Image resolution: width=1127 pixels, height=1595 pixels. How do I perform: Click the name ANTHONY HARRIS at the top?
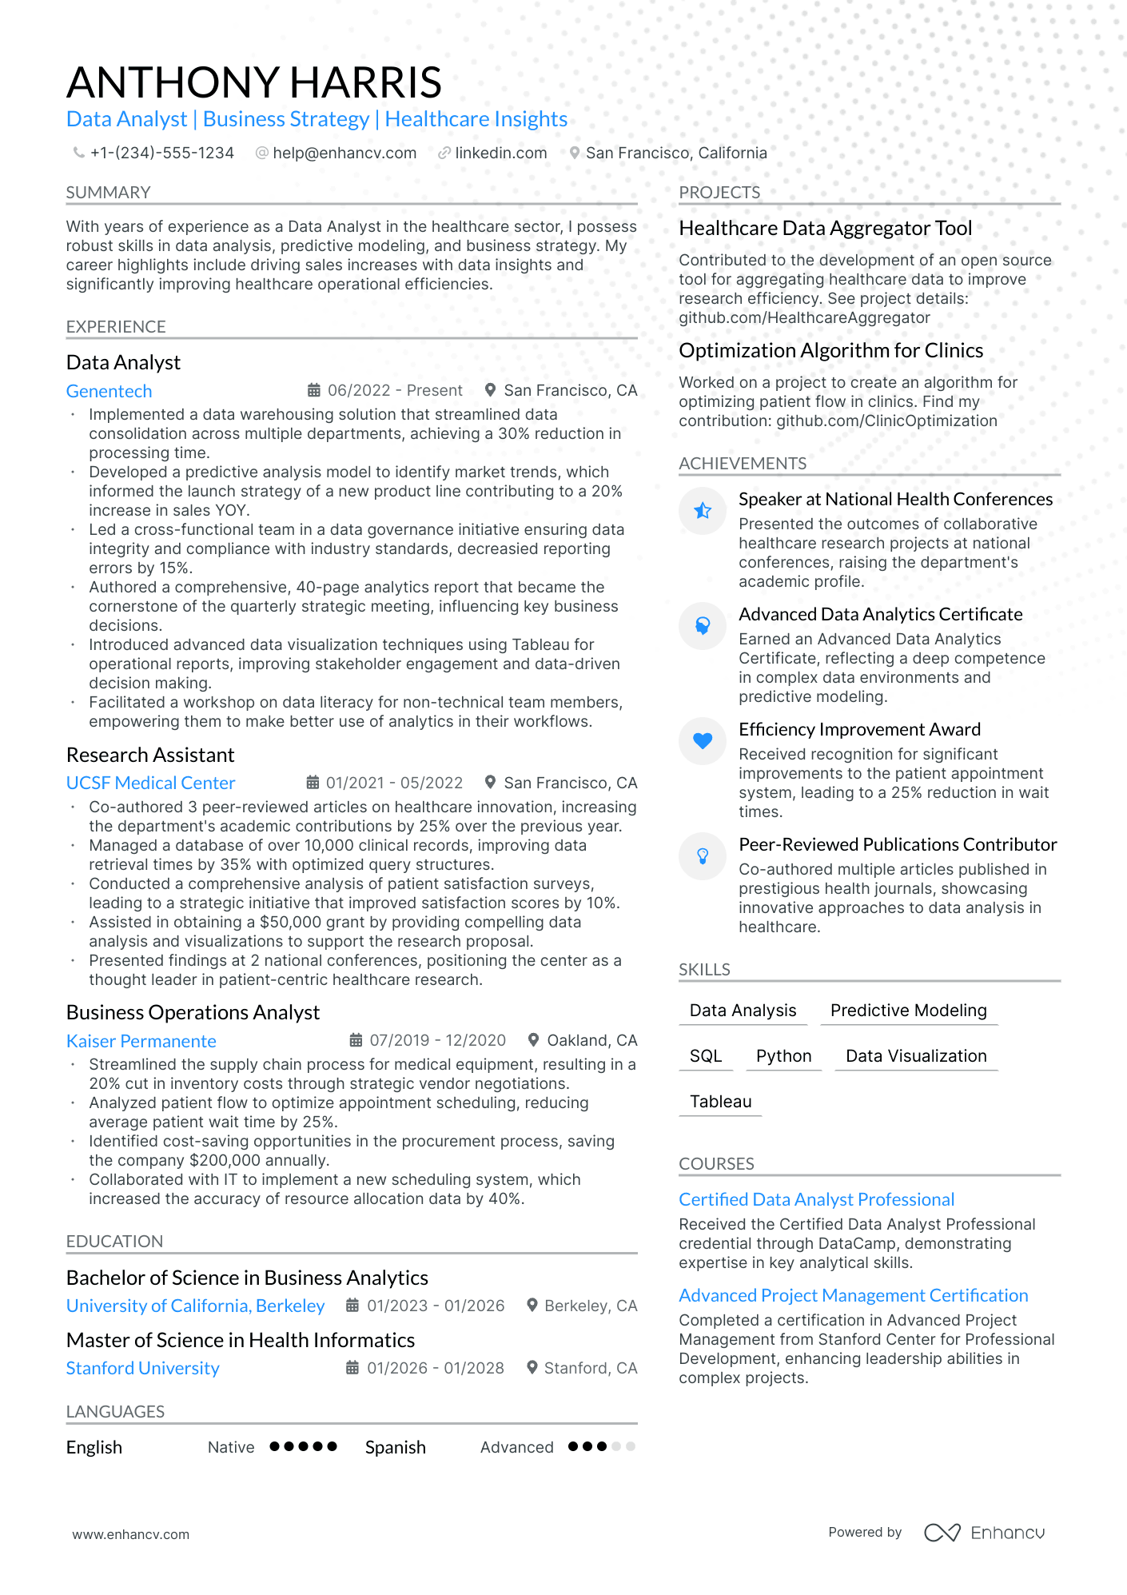(254, 82)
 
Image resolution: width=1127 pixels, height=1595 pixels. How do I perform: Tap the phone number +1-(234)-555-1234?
(161, 153)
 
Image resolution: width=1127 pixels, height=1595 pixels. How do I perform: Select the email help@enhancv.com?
(344, 153)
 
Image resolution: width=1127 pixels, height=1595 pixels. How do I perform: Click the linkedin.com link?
(500, 153)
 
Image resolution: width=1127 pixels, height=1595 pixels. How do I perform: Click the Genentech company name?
(109, 391)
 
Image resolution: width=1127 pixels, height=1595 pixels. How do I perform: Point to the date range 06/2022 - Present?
(395, 390)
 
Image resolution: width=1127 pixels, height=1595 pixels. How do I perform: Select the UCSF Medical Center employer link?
(150, 783)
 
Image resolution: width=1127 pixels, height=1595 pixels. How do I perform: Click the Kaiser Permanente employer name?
(141, 1041)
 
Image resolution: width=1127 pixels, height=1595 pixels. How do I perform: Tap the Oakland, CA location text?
(591, 1040)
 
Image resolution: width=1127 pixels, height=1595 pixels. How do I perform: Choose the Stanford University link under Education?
(142, 1368)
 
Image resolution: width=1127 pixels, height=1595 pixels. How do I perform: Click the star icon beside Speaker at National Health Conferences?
(703, 510)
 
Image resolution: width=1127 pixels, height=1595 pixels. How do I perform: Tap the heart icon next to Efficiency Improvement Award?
(703, 740)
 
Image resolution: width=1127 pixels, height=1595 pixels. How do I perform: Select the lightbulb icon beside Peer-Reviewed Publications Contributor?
(703, 855)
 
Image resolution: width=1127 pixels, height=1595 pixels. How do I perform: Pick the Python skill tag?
(783, 1056)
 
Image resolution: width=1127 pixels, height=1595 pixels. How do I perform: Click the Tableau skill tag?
(720, 1102)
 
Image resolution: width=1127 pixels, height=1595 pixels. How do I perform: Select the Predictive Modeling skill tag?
(908, 1011)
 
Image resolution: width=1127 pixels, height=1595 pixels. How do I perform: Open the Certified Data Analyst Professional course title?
(816, 1199)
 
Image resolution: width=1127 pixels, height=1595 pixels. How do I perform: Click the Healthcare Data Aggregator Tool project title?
(825, 228)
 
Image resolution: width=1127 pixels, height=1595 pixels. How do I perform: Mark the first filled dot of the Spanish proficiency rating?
(573, 1446)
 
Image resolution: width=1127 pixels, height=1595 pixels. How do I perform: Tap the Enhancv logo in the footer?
(985, 1533)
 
